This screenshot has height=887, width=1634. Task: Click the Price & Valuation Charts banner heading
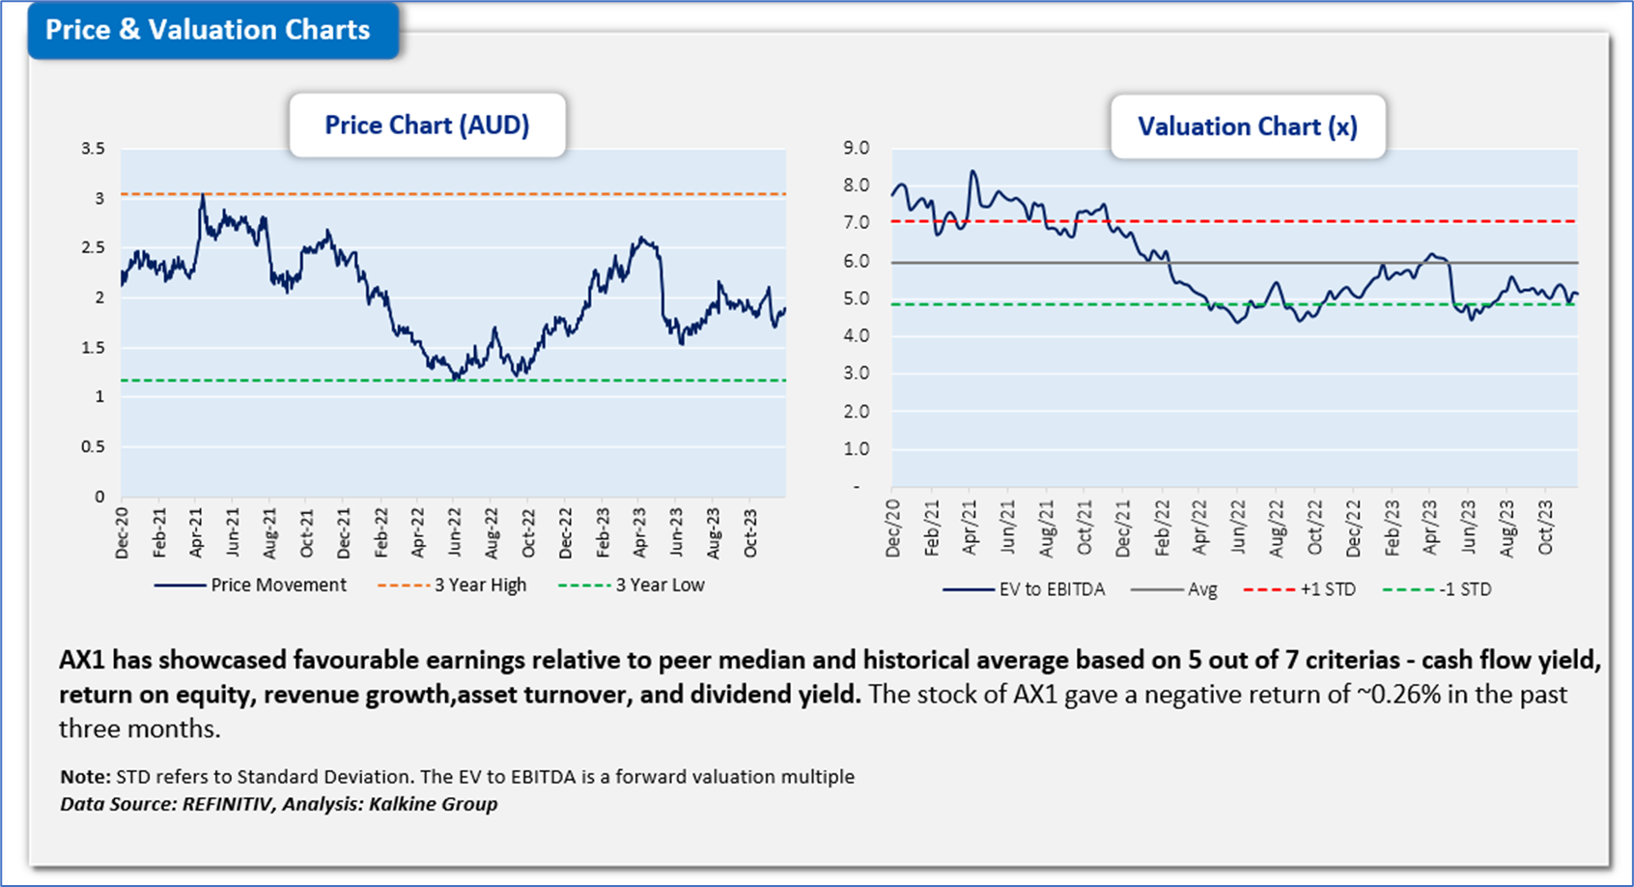[x=208, y=30]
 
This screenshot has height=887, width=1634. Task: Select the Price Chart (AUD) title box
[x=427, y=126]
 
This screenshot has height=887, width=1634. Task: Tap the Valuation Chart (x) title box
[x=1247, y=127]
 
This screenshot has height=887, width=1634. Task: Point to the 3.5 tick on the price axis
[x=94, y=149]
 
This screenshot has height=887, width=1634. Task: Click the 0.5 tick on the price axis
[x=94, y=446]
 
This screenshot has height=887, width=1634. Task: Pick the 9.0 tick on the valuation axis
[x=856, y=148]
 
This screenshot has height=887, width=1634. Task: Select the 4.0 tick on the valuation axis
[x=856, y=336]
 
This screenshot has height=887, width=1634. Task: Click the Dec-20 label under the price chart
[x=123, y=532]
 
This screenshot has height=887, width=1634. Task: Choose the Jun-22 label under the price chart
[x=455, y=532]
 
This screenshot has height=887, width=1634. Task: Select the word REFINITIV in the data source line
[x=228, y=804]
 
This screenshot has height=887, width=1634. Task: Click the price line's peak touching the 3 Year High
[x=202, y=195]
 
